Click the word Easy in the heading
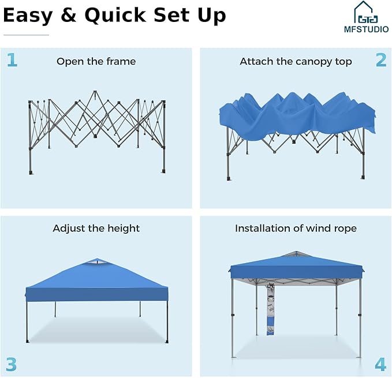click(x=28, y=16)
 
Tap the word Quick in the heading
click(x=115, y=16)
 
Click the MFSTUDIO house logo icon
click(x=366, y=12)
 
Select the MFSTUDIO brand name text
click(x=366, y=29)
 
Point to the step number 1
click(x=12, y=60)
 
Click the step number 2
click(x=381, y=60)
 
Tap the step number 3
click(x=11, y=365)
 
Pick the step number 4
click(x=380, y=365)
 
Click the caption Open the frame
click(x=96, y=61)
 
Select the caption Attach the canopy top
click(x=296, y=62)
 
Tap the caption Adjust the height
click(x=96, y=229)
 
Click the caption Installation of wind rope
click(x=296, y=229)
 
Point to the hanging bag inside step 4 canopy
click(x=271, y=309)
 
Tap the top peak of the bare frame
click(x=95, y=91)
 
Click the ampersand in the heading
click(x=68, y=15)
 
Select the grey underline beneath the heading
click(x=26, y=35)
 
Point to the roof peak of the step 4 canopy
click(x=296, y=252)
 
